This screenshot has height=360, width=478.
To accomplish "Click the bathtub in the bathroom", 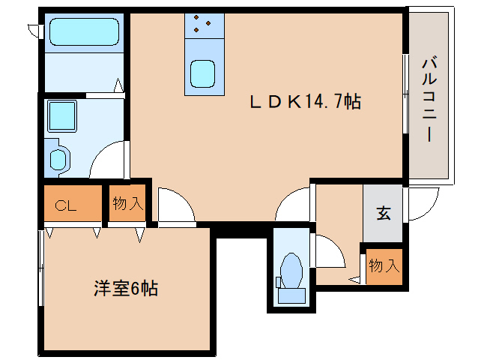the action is [84, 31].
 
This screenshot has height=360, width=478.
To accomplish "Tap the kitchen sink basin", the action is [202, 73].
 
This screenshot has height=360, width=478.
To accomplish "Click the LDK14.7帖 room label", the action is [306, 101].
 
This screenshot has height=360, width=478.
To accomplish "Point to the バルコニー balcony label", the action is [429, 100].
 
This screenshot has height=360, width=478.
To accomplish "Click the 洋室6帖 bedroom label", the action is [126, 288].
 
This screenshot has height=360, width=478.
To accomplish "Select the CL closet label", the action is [65, 205].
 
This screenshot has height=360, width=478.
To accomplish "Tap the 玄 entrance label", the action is [384, 213].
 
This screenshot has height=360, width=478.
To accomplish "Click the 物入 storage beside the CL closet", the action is [127, 203].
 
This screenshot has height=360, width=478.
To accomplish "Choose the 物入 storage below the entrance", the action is [384, 266].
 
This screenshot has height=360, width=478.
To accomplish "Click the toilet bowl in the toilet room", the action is [291, 271].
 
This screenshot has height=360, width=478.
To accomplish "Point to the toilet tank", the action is [291, 295].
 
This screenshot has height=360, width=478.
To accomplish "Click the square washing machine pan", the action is [61, 116].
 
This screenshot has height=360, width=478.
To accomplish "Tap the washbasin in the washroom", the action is [58, 159].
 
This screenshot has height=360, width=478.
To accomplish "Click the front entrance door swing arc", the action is [423, 203].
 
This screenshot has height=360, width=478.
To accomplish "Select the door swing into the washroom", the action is [107, 159].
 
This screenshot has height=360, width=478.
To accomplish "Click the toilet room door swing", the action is [330, 250].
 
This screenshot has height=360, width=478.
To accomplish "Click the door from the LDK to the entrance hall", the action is [293, 204].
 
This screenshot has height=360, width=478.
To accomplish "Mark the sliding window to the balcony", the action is [405, 94].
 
